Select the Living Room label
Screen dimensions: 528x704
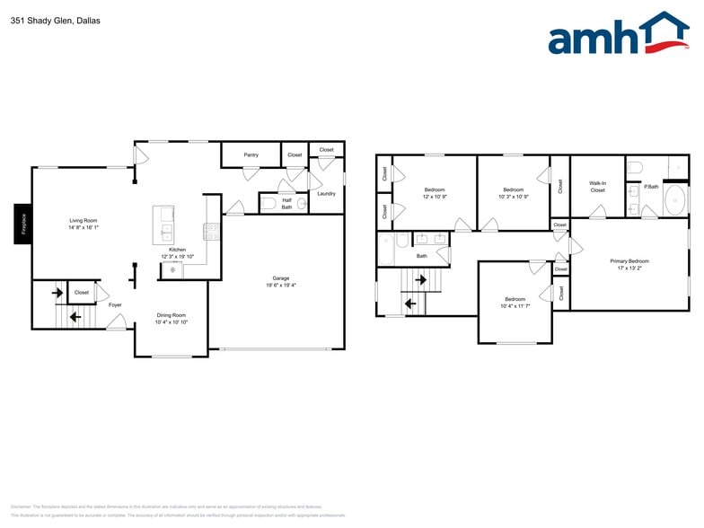(x=84, y=220)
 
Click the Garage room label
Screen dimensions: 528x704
(x=281, y=278)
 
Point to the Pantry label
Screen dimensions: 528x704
(x=251, y=154)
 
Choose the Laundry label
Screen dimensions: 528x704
(x=326, y=193)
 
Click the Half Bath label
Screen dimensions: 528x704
(x=286, y=204)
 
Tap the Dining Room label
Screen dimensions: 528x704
(x=171, y=314)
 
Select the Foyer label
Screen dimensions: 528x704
(x=115, y=305)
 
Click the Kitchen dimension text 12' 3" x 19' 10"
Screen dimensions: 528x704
(x=177, y=256)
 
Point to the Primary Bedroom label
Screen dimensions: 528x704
(x=629, y=261)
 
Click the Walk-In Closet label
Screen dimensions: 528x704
(x=597, y=187)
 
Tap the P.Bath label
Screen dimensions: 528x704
(x=651, y=187)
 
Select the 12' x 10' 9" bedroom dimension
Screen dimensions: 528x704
(x=435, y=197)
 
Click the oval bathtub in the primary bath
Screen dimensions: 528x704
(x=674, y=202)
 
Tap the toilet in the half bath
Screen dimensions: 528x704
(x=268, y=204)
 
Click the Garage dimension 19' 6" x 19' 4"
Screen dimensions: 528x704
(x=281, y=286)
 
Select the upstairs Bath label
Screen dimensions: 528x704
(x=421, y=256)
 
